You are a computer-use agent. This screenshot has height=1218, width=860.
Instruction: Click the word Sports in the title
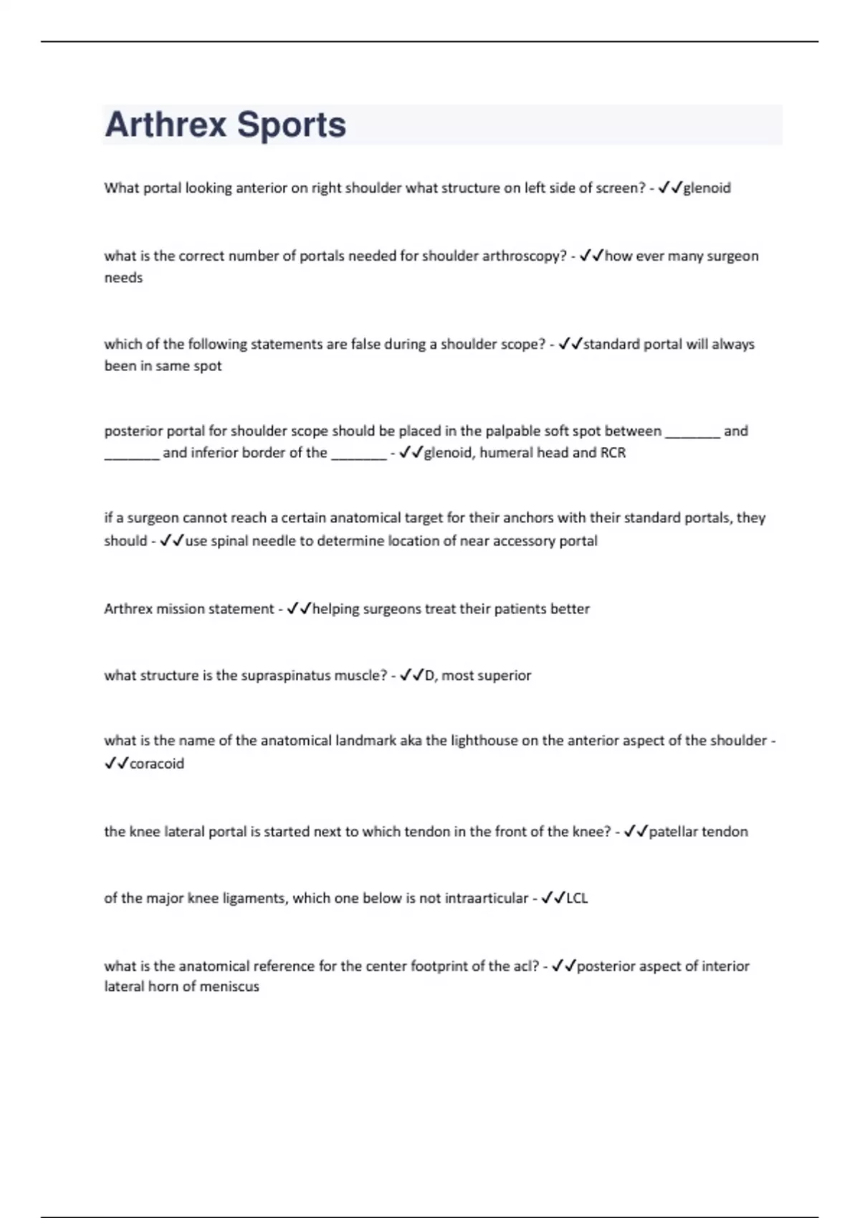click(291, 125)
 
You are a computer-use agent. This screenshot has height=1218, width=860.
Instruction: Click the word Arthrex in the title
click(166, 125)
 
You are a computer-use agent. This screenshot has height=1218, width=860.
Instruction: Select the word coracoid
click(157, 764)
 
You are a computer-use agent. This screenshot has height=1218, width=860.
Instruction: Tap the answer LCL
click(577, 898)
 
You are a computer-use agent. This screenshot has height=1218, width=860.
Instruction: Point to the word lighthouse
click(484, 741)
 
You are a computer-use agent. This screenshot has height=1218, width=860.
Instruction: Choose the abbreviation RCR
click(613, 453)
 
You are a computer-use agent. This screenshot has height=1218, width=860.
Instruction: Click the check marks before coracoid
click(116, 764)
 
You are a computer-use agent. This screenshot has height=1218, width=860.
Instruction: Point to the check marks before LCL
click(553, 898)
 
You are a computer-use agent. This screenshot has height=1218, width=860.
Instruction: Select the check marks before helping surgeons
click(299, 609)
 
